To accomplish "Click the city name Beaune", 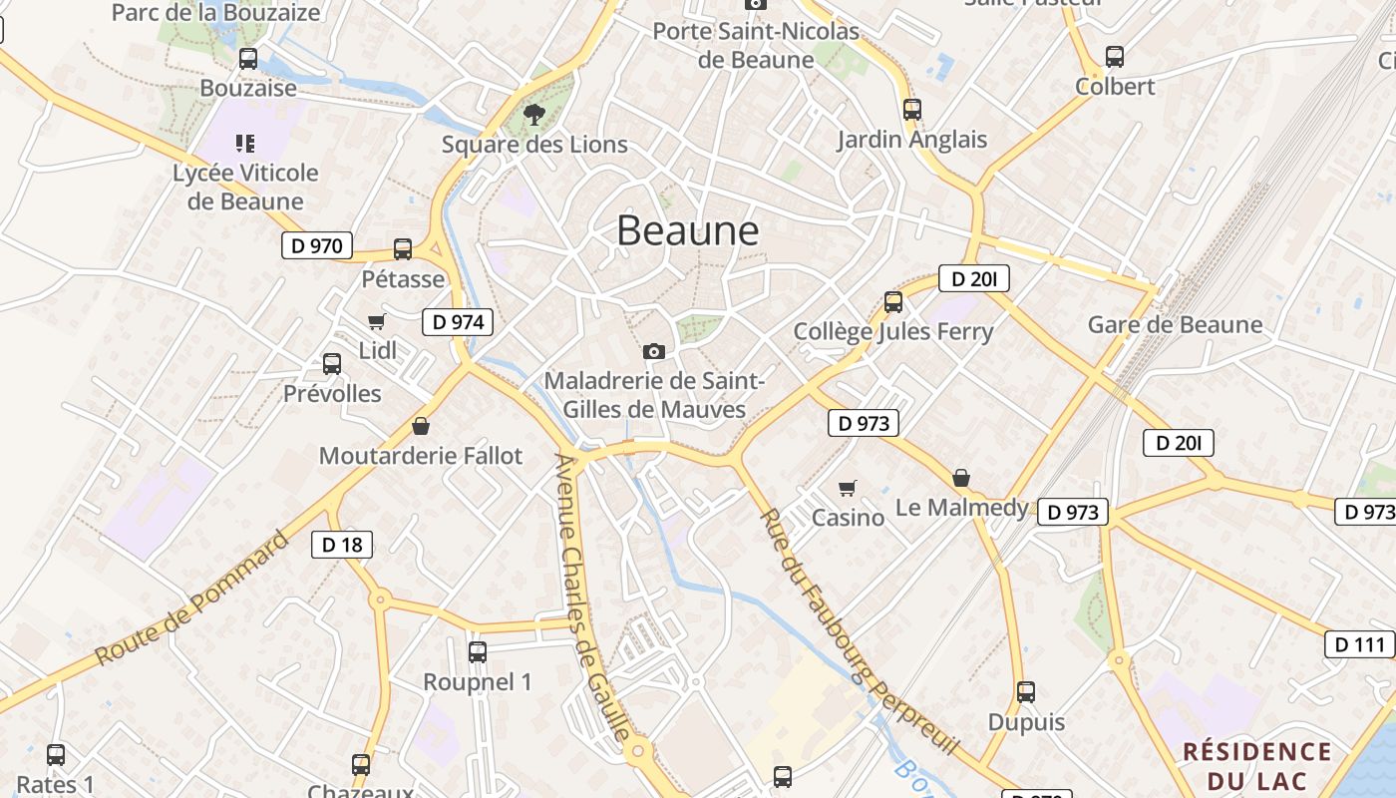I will tap(688, 230).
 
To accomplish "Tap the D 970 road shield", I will tap(317, 245).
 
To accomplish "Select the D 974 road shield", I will tap(458, 321).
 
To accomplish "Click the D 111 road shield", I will tap(1359, 644).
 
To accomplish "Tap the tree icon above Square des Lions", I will tap(534, 115).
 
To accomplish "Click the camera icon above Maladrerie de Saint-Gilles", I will tap(654, 351).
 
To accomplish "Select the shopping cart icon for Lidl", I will tap(376, 321).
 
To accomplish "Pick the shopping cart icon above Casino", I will tap(848, 488).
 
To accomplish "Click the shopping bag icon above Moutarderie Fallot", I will tap(421, 426).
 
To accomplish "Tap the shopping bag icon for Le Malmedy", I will tap(961, 478).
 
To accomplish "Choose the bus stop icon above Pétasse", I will tap(403, 248).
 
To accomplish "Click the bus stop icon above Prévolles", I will tap(332, 364).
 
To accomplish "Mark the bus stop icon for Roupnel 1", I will tap(478, 652).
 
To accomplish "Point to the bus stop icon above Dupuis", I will tap(1026, 691).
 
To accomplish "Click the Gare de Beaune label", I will tap(1175, 324).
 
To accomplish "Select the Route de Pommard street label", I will tap(192, 598).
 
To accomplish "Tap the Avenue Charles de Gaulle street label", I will tap(593, 598).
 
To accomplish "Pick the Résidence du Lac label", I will tap(1257, 764).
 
